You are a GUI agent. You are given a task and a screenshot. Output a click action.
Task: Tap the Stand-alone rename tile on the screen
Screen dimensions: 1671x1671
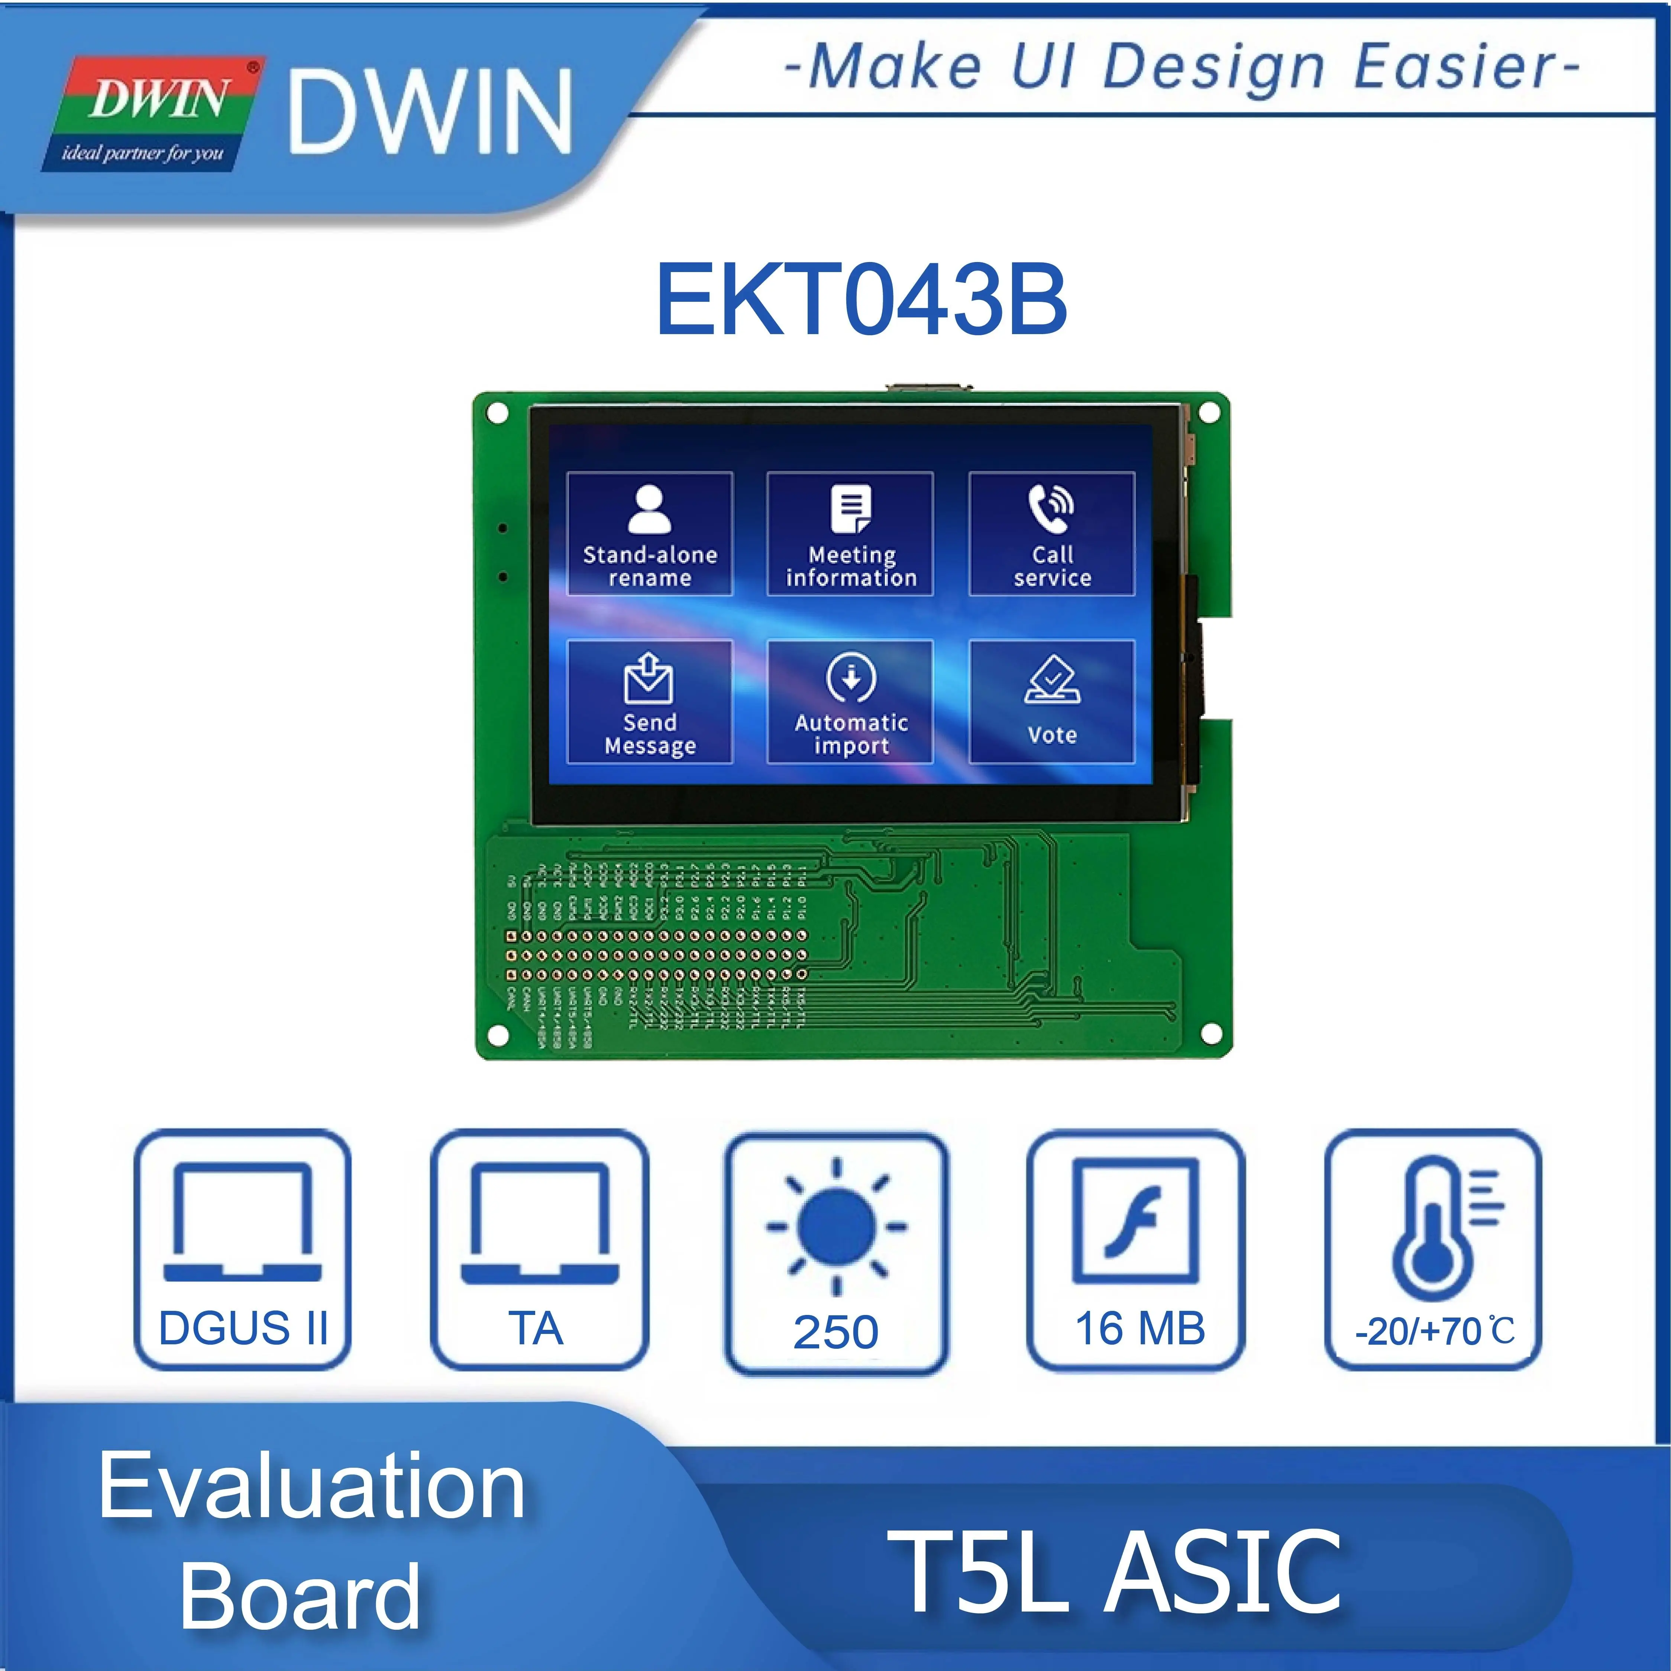[x=650, y=534]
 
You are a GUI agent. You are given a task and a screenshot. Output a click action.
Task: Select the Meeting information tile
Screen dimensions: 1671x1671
[x=850, y=534]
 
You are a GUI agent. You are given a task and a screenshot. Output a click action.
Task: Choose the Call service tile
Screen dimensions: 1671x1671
[x=1052, y=534]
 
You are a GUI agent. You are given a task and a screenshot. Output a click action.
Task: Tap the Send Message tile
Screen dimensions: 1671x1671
[x=650, y=701]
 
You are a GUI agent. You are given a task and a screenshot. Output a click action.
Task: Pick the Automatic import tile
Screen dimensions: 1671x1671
[x=850, y=701]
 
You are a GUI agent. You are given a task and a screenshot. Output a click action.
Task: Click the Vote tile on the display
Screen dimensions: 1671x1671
[x=1052, y=701]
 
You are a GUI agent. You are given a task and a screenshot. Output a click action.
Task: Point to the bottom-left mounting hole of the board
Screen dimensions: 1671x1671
[x=498, y=1034]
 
